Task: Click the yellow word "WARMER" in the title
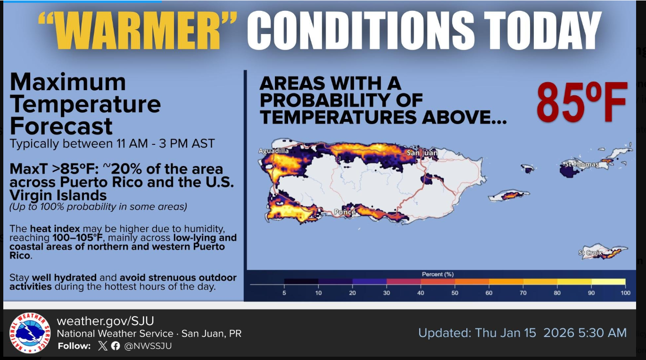click(x=137, y=31)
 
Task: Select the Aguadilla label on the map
click(x=273, y=151)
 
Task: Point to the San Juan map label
click(x=422, y=153)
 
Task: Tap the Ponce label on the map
click(x=345, y=212)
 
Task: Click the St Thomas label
click(x=581, y=164)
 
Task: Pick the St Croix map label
click(x=590, y=253)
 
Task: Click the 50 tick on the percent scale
click(x=455, y=293)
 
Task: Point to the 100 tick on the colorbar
click(x=626, y=293)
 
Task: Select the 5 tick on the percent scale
click(x=284, y=293)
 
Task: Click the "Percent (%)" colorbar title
click(x=438, y=274)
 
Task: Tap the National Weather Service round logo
click(x=30, y=333)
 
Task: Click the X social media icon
click(x=102, y=346)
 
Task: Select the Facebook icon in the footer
click(x=116, y=346)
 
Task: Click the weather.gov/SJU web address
click(x=105, y=321)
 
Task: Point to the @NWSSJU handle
click(x=148, y=346)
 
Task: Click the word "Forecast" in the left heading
click(x=61, y=126)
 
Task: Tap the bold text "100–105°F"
click(x=78, y=238)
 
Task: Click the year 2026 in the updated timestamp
click(x=559, y=333)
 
